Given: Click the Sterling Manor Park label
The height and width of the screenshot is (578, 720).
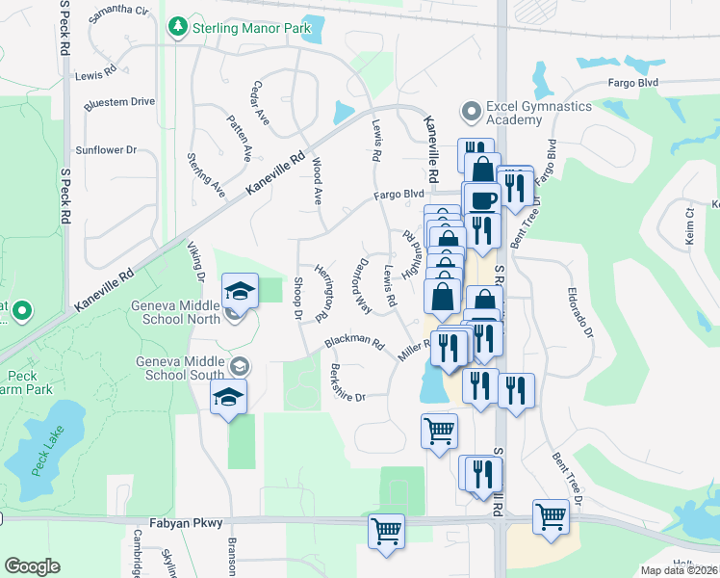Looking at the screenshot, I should [252, 28].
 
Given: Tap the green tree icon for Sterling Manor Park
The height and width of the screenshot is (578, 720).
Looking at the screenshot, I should [177, 28].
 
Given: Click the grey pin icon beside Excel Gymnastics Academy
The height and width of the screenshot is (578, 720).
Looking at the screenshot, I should [471, 112].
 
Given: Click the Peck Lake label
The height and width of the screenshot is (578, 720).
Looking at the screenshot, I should [45, 452].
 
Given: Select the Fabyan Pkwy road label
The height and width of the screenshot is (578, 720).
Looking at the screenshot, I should [186, 523].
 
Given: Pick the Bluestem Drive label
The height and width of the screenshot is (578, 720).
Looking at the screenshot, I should [119, 101].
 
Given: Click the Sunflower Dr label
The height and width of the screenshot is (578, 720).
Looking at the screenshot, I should [107, 150].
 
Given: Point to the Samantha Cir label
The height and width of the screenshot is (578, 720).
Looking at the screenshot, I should [118, 13].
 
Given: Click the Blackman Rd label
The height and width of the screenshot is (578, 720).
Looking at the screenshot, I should [354, 343].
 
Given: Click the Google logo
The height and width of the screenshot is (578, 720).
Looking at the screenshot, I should [32, 566].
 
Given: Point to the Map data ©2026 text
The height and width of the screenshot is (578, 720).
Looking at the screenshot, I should [680, 570].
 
